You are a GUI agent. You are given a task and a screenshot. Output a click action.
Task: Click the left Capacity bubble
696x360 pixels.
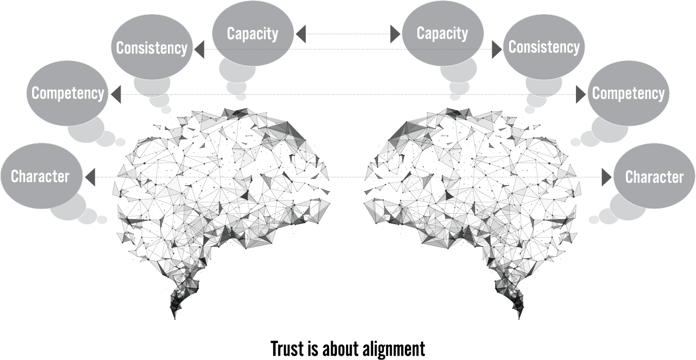coord(253,33)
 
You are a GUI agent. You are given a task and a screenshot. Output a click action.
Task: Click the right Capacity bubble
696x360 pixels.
coord(442,33)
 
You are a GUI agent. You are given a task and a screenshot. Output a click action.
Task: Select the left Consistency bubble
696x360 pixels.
coord(152,47)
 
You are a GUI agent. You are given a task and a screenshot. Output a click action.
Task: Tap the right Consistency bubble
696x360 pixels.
coord(544,47)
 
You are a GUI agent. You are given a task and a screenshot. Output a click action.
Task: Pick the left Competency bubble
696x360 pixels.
coord(67,93)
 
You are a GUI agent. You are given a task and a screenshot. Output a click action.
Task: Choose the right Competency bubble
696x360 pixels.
coord(628,93)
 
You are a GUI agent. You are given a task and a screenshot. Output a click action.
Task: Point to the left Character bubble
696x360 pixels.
coord(41,176)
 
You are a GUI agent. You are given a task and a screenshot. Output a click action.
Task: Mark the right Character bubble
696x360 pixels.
coord(654,176)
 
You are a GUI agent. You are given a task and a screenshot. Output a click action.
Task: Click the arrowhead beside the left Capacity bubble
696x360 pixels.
coord(301,34)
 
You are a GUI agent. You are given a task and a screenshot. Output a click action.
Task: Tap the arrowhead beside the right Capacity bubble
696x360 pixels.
coord(395,34)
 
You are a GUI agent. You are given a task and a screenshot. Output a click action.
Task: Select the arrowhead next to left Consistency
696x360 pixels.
coord(199,49)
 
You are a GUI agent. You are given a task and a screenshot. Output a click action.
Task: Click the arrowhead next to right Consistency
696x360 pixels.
coord(497,49)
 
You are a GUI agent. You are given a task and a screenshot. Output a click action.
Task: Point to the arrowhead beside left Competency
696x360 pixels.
coord(116,94)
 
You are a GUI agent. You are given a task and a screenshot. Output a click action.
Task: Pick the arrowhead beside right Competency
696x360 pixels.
coord(581,94)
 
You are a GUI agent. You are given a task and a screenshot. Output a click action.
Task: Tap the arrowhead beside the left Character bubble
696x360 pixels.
coord(90,177)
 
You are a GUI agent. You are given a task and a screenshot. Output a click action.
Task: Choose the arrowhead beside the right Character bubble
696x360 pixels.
coord(606,177)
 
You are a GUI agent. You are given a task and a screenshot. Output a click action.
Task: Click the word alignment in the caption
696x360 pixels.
coord(394,349)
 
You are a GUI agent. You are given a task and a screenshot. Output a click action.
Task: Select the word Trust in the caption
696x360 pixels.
coord(287,348)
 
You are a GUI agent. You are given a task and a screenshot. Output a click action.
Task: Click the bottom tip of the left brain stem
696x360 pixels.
coord(175,319)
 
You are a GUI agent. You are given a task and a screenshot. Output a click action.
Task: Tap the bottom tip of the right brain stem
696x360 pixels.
coord(519,319)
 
